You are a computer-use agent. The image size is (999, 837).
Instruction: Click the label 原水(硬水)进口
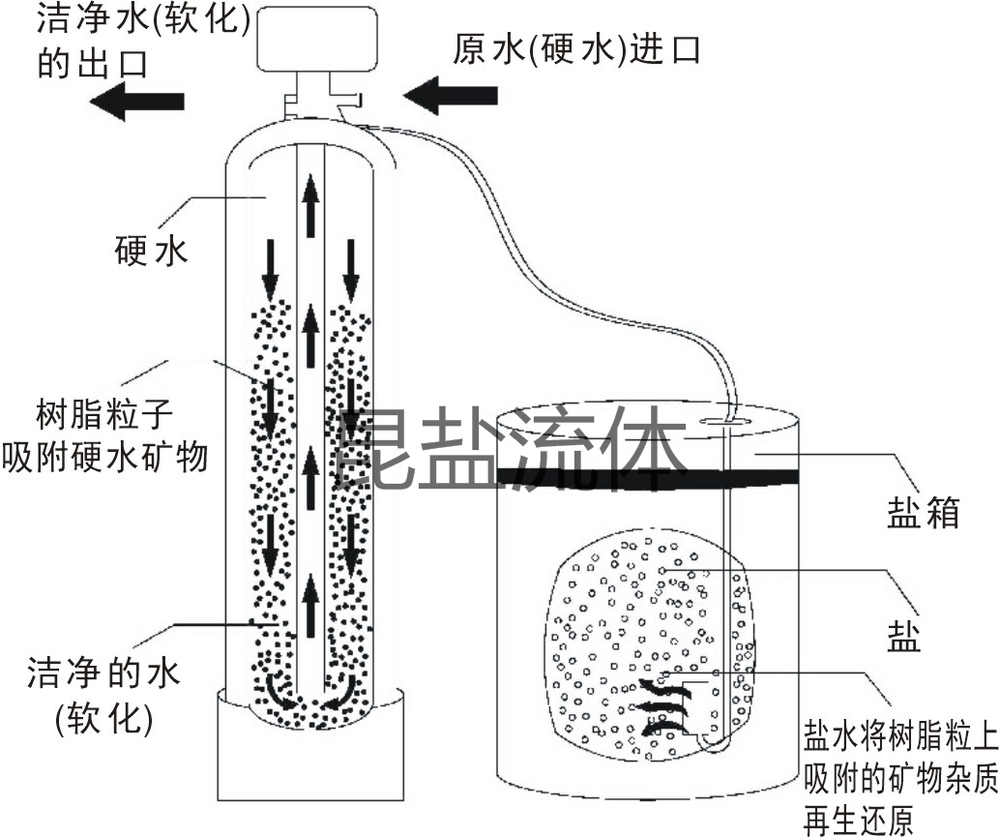click(x=576, y=48)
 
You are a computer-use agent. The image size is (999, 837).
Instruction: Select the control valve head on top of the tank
click(x=315, y=39)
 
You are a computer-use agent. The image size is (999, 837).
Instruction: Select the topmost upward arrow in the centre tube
click(x=310, y=204)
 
